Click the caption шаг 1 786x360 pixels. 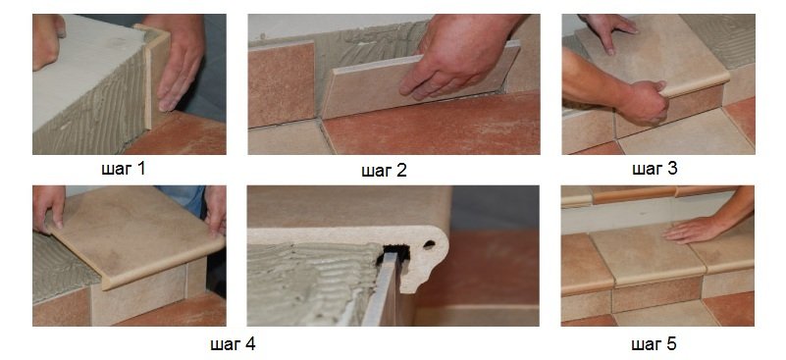[123, 169]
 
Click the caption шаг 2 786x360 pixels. [384, 171]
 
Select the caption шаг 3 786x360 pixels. [655, 169]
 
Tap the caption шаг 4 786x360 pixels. [233, 344]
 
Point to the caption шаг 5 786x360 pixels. [654, 344]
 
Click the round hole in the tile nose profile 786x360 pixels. [429, 244]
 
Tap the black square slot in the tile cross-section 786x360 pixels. [396, 252]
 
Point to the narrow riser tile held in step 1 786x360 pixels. [156, 76]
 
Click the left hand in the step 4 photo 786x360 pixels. [49, 207]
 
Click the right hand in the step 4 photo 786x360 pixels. [216, 211]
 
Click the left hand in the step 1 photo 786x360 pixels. [48, 40]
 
